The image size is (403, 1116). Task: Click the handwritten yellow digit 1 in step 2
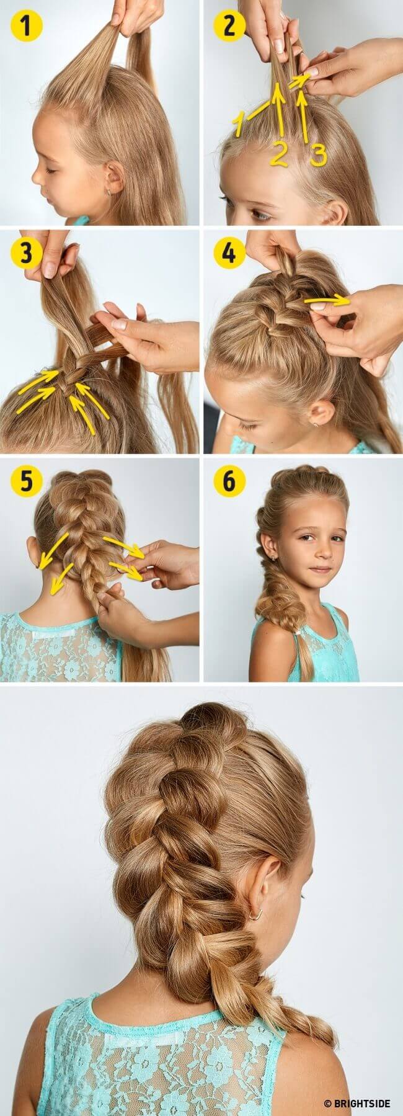pyautogui.click(x=239, y=123)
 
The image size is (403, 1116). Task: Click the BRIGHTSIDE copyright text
pyautogui.click(x=357, y=1103)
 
